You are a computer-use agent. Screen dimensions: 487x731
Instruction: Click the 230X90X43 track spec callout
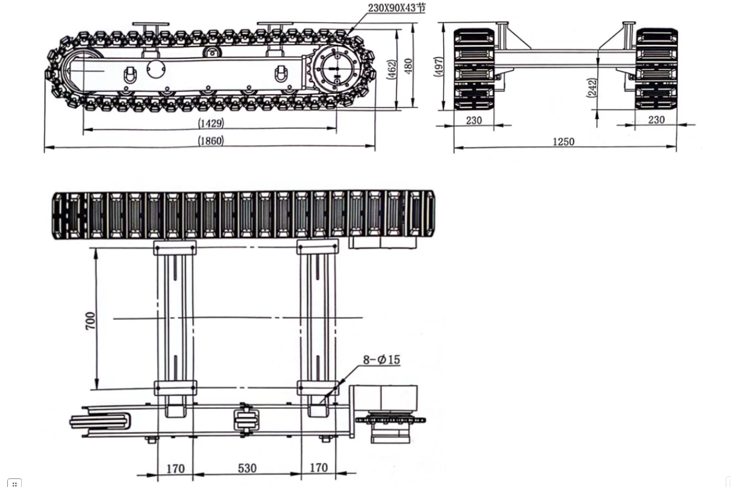coord(397,8)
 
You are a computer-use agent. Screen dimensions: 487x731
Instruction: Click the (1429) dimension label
coord(211,122)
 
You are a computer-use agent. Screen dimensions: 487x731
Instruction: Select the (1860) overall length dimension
coord(211,140)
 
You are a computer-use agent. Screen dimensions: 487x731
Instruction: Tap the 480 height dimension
coord(409,66)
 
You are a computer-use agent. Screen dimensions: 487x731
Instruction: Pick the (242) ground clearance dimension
coord(592,87)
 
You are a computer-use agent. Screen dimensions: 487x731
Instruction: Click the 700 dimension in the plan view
coord(91,320)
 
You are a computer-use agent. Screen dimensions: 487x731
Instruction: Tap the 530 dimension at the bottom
coord(246,468)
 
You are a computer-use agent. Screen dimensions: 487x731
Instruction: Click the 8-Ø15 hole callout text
coord(381,360)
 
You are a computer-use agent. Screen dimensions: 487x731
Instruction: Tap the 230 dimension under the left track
coord(474,120)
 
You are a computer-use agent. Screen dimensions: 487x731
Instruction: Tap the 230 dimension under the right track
coord(656,120)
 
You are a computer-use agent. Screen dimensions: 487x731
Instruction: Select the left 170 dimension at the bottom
coord(175,468)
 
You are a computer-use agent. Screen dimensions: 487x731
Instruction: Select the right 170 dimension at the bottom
coord(318,467)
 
